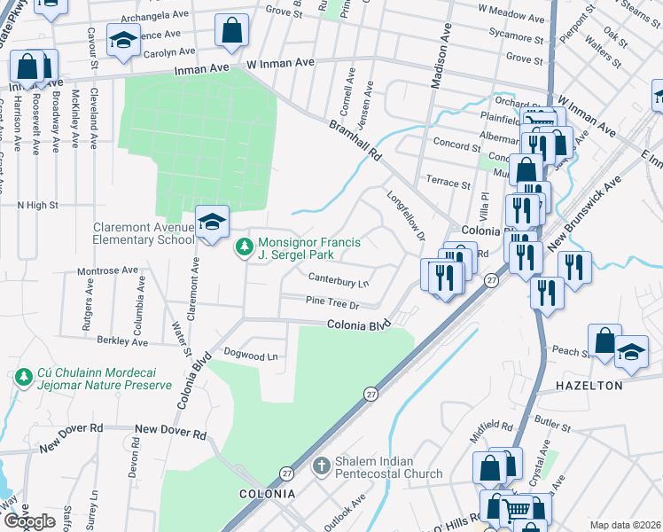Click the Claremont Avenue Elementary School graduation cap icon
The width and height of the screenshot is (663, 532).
point(212,223)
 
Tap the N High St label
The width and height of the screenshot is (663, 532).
point(37,205)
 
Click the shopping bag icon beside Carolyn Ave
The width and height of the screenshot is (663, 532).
point(230,31)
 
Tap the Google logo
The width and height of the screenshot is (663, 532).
point(29,520)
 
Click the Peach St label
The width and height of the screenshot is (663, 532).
point(569,352)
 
